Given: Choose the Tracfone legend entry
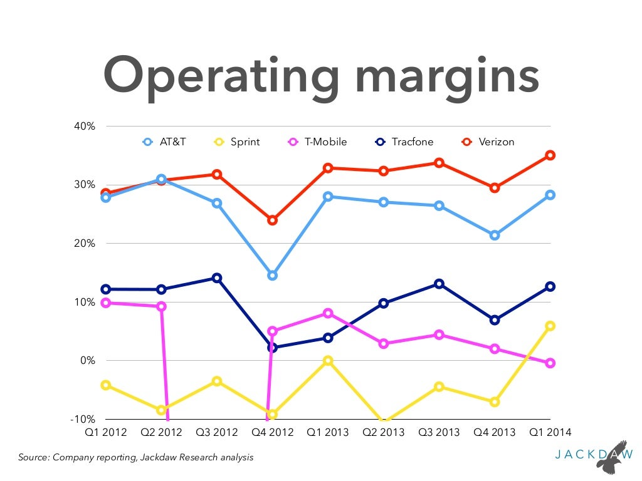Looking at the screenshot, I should click(x=404, y=142).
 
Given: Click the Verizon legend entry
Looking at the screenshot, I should click(x=489, y=142).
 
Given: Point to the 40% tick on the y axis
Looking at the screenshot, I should click(x=85, y=126).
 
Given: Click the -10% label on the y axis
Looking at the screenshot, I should click(x=83, y=419).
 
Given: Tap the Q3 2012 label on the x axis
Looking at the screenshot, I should click(x=217, y=432).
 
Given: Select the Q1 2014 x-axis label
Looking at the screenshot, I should click(x=550, y=432).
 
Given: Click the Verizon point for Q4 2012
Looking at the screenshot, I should click(x=272, y=220).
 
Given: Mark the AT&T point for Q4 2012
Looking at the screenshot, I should click(x=272, y=276).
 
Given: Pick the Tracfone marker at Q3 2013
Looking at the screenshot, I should click(x=439, y=284).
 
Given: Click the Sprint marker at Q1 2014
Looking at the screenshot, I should click(x=550, y=326).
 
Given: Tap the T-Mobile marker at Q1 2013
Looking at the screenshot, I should click(x=328, y=313).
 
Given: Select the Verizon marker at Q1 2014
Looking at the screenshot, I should click(x=550, y=155).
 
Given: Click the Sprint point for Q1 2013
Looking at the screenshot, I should click(x=328, y=361).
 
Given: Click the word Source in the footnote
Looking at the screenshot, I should click(x=33, y=458).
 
